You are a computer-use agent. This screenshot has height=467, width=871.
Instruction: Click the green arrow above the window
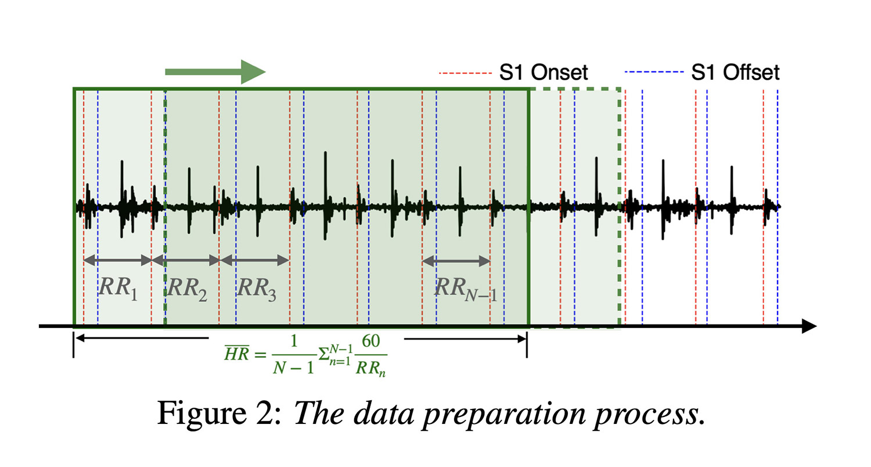tap(215, 72)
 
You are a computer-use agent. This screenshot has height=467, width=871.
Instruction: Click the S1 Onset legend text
tap(544, 73)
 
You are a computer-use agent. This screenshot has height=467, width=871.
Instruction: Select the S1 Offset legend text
tap(735, 73)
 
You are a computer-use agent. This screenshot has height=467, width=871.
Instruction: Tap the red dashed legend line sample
tap(465, 73)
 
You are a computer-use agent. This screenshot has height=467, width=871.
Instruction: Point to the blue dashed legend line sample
tap(654, 72)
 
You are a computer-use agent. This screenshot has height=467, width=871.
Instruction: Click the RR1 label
tap(118, 289)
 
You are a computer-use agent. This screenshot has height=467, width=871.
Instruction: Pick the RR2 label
tap(187, 289)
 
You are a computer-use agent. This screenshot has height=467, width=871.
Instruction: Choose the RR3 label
tap(257, 289)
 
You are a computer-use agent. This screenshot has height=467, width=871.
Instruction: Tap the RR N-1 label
tap(466, 289)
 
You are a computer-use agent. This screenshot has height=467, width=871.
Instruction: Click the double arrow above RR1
tap(117, 260)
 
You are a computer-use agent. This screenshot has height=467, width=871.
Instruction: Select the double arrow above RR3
tap(255, 260)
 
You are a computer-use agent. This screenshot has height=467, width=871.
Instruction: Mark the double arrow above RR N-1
tap(456, 261)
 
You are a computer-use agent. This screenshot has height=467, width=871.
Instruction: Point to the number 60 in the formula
tap(370, 341)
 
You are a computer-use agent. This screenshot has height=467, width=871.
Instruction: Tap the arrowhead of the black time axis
tap(809, 326)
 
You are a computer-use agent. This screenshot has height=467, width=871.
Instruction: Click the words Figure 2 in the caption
tap(219, 413)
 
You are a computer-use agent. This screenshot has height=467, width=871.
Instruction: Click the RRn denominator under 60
tap(370, 369)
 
